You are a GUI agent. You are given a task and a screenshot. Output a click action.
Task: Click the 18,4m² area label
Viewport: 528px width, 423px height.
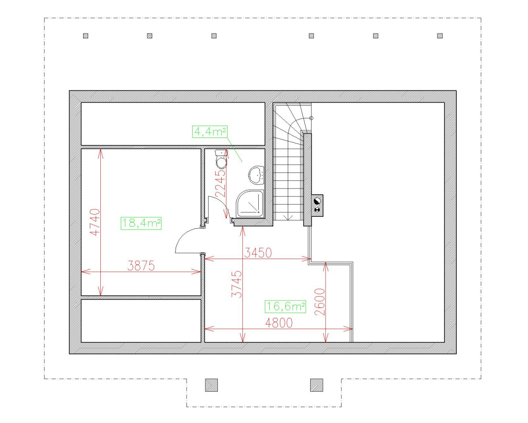point(141,223)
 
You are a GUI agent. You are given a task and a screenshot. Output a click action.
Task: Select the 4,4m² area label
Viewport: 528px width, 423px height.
point(210,132)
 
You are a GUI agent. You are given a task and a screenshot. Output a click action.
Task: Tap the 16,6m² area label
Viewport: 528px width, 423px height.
point(286,307)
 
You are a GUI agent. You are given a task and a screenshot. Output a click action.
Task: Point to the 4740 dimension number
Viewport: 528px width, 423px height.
point(95,222)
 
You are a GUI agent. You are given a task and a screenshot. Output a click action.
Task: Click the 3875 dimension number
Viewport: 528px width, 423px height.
point(141,266)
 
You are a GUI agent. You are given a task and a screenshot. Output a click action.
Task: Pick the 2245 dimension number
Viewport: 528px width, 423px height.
point(220,183)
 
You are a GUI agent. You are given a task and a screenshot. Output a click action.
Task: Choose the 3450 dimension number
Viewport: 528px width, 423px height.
point(258,252)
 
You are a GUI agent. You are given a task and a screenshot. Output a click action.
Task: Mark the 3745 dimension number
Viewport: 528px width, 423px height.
point(237,284)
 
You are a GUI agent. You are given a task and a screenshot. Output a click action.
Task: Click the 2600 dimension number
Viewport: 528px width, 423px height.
point(320,302)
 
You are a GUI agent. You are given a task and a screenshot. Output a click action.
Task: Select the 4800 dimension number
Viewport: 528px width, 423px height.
point(279,323)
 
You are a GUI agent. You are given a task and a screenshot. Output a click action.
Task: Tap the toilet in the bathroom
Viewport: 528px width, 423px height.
point(221,159)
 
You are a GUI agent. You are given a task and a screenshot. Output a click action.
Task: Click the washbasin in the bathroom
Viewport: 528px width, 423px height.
point(256,175)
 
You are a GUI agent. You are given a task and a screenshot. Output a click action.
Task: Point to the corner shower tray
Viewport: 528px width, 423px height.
point(250,204)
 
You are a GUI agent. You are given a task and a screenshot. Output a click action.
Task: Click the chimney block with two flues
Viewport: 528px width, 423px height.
point(317,205)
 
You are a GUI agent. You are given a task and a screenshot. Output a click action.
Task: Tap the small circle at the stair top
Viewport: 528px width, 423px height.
point(312,118)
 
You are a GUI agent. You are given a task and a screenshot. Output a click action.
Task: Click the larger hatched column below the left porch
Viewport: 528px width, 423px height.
point(212,385)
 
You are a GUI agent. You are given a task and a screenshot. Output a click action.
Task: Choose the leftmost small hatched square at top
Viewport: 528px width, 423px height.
point(86,36)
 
